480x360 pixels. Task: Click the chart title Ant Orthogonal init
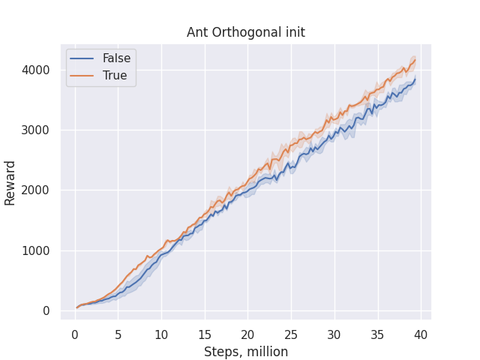pos(245,32)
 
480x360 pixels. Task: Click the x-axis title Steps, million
pos(245,351)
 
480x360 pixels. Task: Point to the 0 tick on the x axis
pos(75,333)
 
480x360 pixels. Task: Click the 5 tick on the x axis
pos(118,333)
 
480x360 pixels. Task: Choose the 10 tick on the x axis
pos(161,333)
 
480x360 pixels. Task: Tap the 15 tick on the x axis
pos(204,333)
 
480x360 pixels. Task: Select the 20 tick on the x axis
pos(247,333)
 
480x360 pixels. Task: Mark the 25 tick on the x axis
pos(291,333)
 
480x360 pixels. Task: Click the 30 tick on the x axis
pos(334,333)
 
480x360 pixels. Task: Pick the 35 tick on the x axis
pos(377,333)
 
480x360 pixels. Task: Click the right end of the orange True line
pos(415,61)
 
